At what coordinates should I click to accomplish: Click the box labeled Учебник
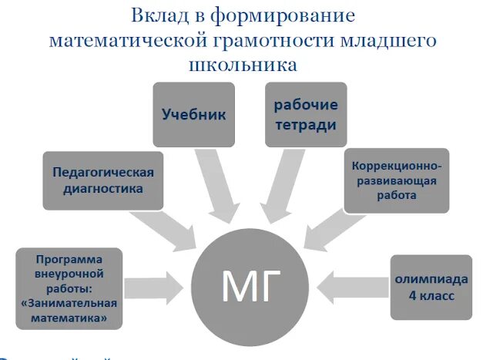click(x=193, y=114)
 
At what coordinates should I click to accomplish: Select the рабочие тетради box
click(x=306, y=114)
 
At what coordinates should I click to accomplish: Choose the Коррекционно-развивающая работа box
click(x=396, y=180)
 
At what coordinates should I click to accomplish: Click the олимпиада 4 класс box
click(x=431, y=287)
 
